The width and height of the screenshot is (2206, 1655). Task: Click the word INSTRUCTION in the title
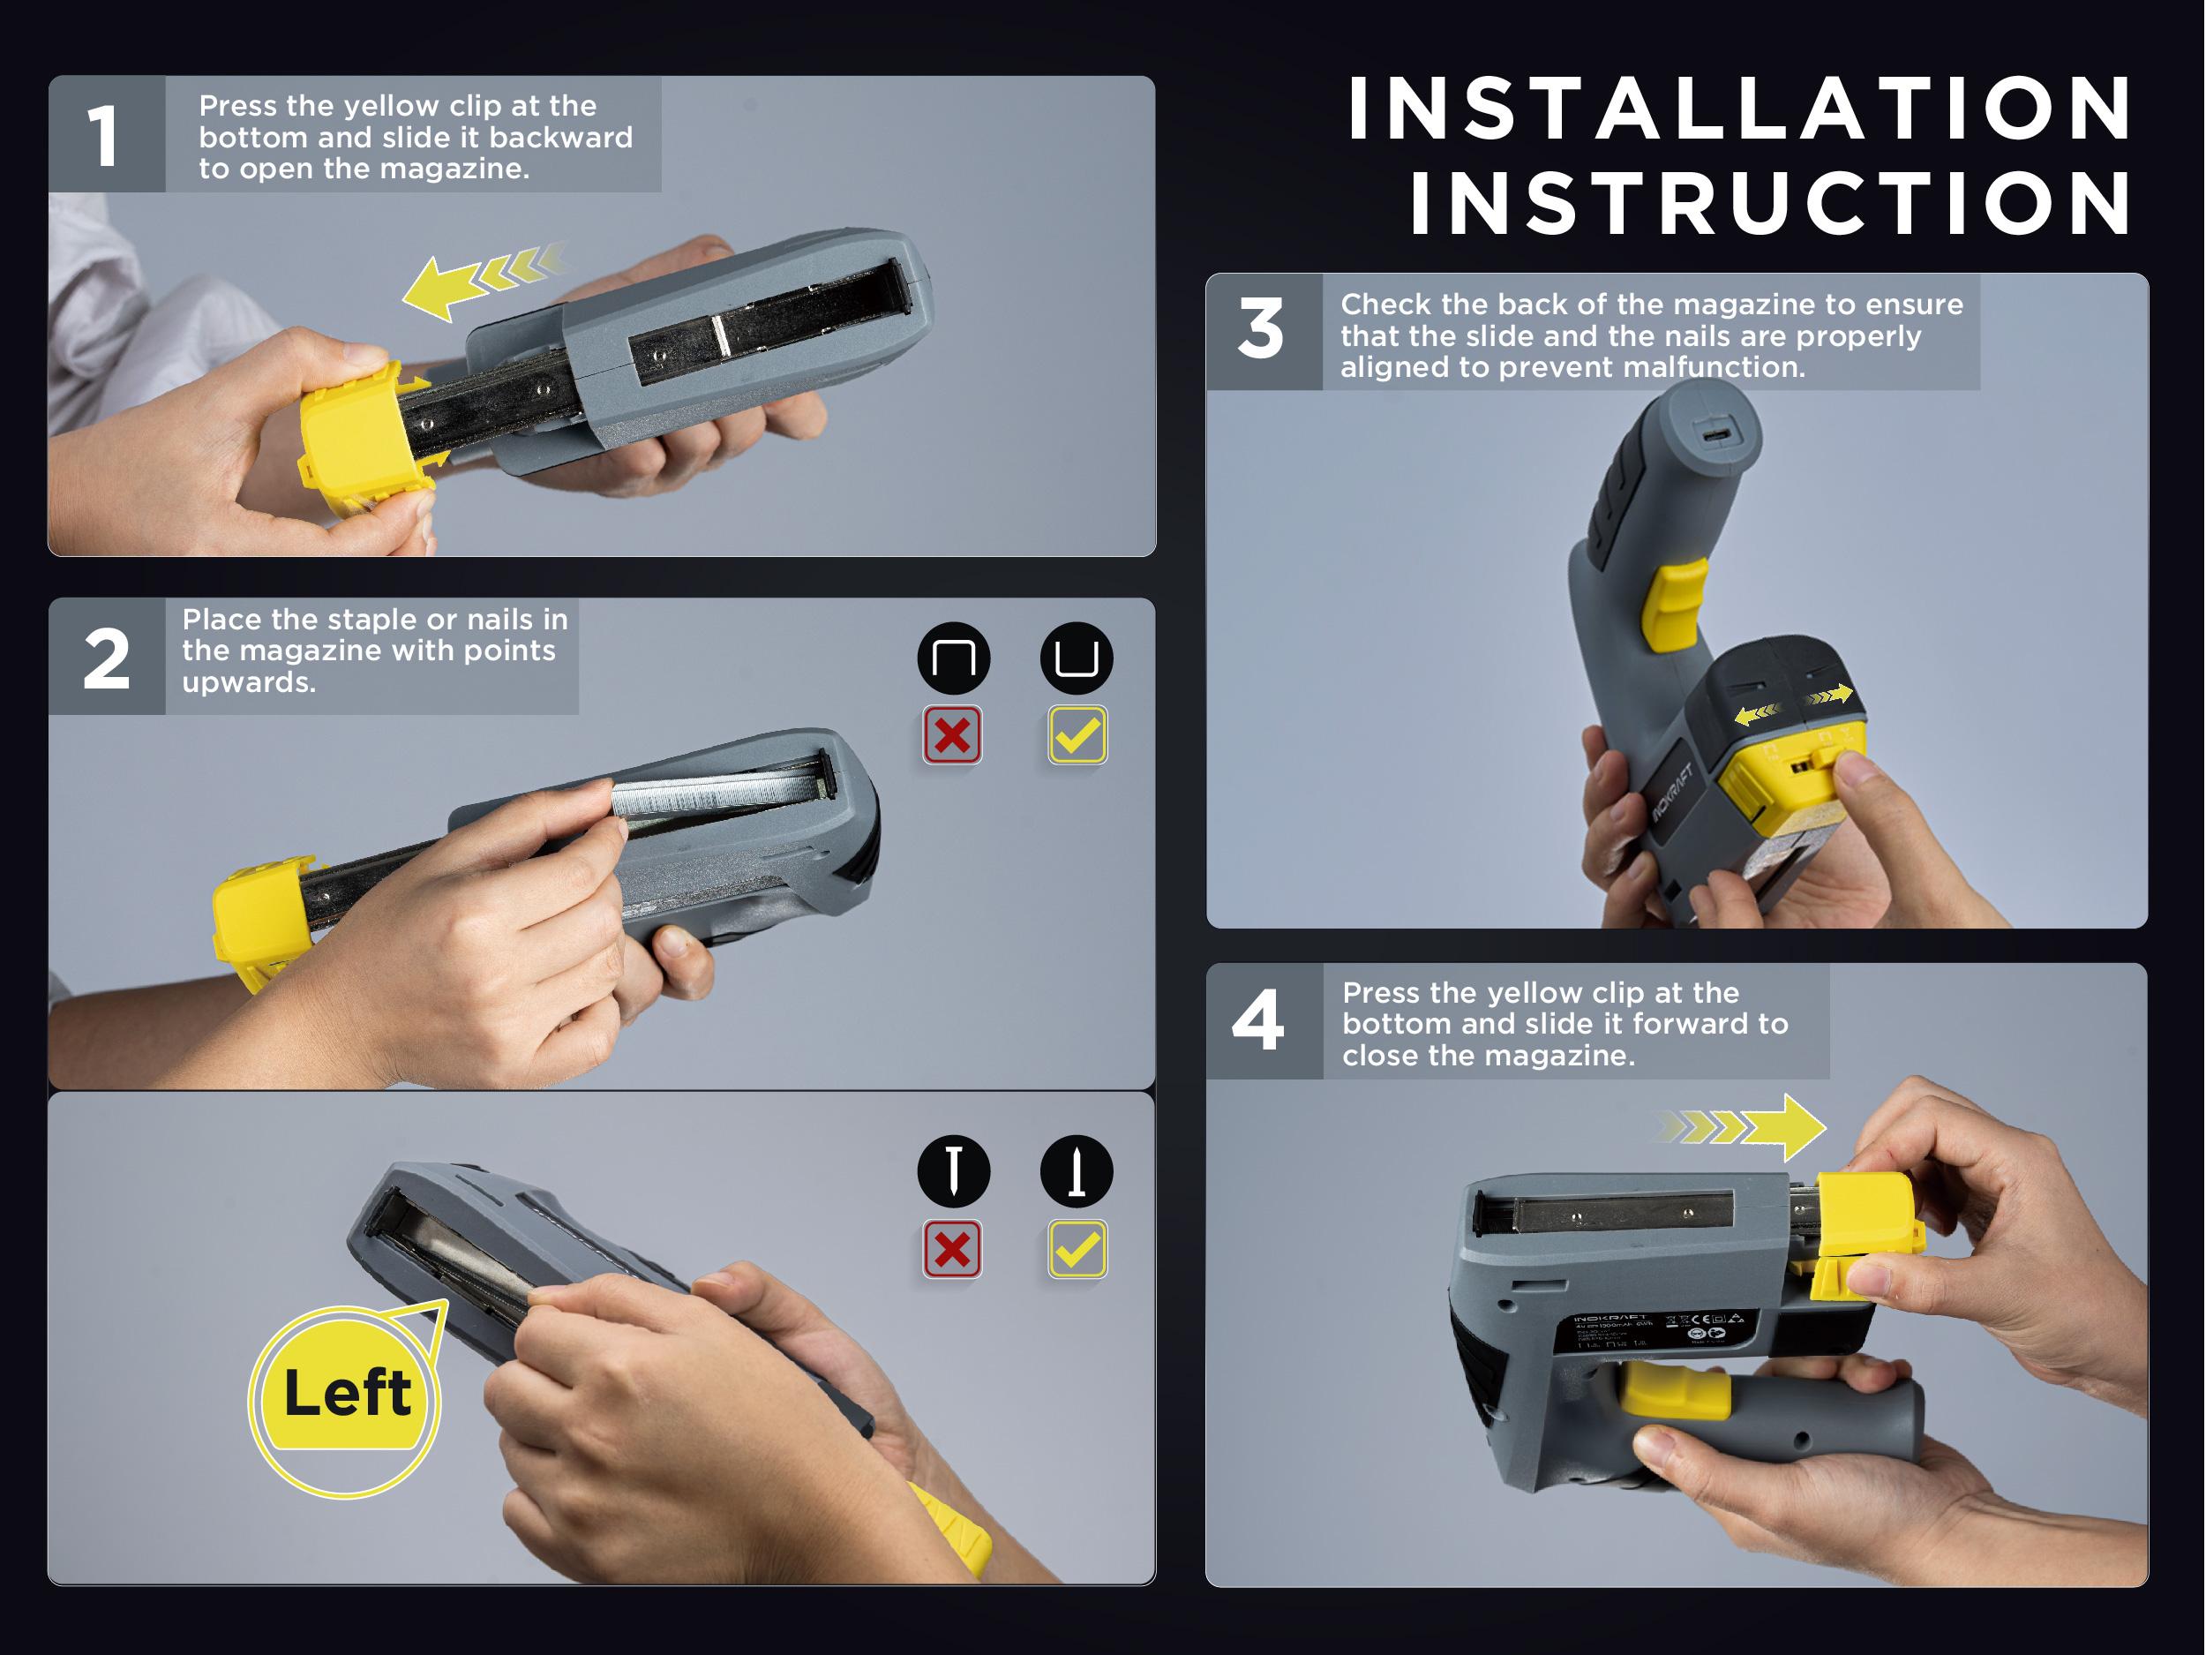tap(1770, 204)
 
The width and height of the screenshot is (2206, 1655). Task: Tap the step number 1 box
tap(106, 135)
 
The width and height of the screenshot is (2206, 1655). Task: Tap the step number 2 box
tap(106, 658)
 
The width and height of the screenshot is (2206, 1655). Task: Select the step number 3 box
tap(1263, 331)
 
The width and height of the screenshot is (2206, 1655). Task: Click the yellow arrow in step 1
tap(449, 286)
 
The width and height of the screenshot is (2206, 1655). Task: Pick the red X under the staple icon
tap(952, 736)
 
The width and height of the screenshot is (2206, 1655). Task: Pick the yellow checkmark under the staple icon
tap(1077, 736)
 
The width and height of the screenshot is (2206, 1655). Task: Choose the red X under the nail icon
tap(952, 1249)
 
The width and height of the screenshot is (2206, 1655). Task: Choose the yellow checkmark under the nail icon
tap(1077, 1249)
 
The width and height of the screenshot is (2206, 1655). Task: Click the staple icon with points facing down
tap(953, 658)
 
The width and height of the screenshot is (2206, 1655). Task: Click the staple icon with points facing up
tap(1076, 658)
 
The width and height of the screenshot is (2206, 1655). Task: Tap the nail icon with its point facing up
tap(1076, 1171)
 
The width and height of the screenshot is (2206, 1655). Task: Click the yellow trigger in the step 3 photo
tap(1676, 603)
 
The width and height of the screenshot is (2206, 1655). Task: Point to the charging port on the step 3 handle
tap(1716, 435)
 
